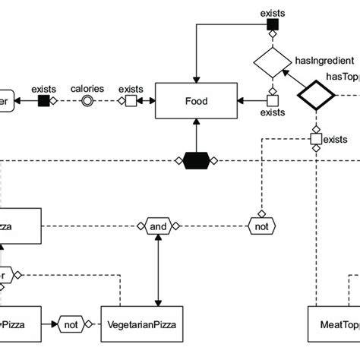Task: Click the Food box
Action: click(x=196, y=101)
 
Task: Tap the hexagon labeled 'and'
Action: click(x=158, y=226)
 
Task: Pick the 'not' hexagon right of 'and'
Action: click(x=261, y=226)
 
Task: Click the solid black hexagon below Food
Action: click(x=196, y=160)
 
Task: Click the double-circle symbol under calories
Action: click(x=88, y=101)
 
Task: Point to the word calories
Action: click(x=88, y=87)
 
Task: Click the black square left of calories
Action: click(x=43, y=101)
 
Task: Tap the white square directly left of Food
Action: click(x=131, y=101)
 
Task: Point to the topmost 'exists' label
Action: click(x=273, y=13)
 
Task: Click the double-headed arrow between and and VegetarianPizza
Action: click(x=158, y=269)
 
